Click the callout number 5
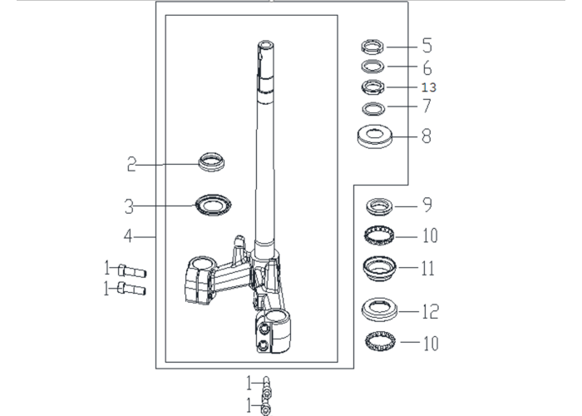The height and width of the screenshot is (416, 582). coord(427,45)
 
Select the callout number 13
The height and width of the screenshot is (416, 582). coord(429,87)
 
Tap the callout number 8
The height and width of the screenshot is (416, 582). coord(427,136)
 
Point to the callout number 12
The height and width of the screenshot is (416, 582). coord(430,311)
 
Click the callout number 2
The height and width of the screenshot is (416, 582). coord(131,164)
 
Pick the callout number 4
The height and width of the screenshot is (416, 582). coord(128,236)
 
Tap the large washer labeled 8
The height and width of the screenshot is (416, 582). coord(374,136)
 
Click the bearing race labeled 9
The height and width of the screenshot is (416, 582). coord(379,206)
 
